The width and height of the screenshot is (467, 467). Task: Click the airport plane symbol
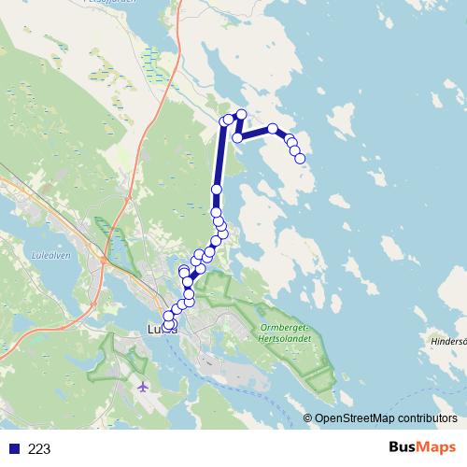click(x=142, y=386)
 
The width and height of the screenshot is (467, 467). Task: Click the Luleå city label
click(x=161, y=329)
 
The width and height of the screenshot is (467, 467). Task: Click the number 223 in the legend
click(x=39, y=449)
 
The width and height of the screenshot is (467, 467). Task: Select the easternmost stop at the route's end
click(x=301, y=159)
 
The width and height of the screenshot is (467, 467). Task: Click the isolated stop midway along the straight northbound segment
click(x=217, y=190)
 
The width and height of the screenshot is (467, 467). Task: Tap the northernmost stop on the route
click(x=241, y=114)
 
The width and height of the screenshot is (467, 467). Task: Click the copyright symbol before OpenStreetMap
click(x=307, y=417)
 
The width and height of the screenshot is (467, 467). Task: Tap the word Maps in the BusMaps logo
click(x=435, y=447)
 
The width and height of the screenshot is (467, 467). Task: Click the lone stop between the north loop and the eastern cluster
click(x=272, y=129)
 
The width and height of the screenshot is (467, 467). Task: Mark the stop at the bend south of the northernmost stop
click(x=237, y=137)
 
